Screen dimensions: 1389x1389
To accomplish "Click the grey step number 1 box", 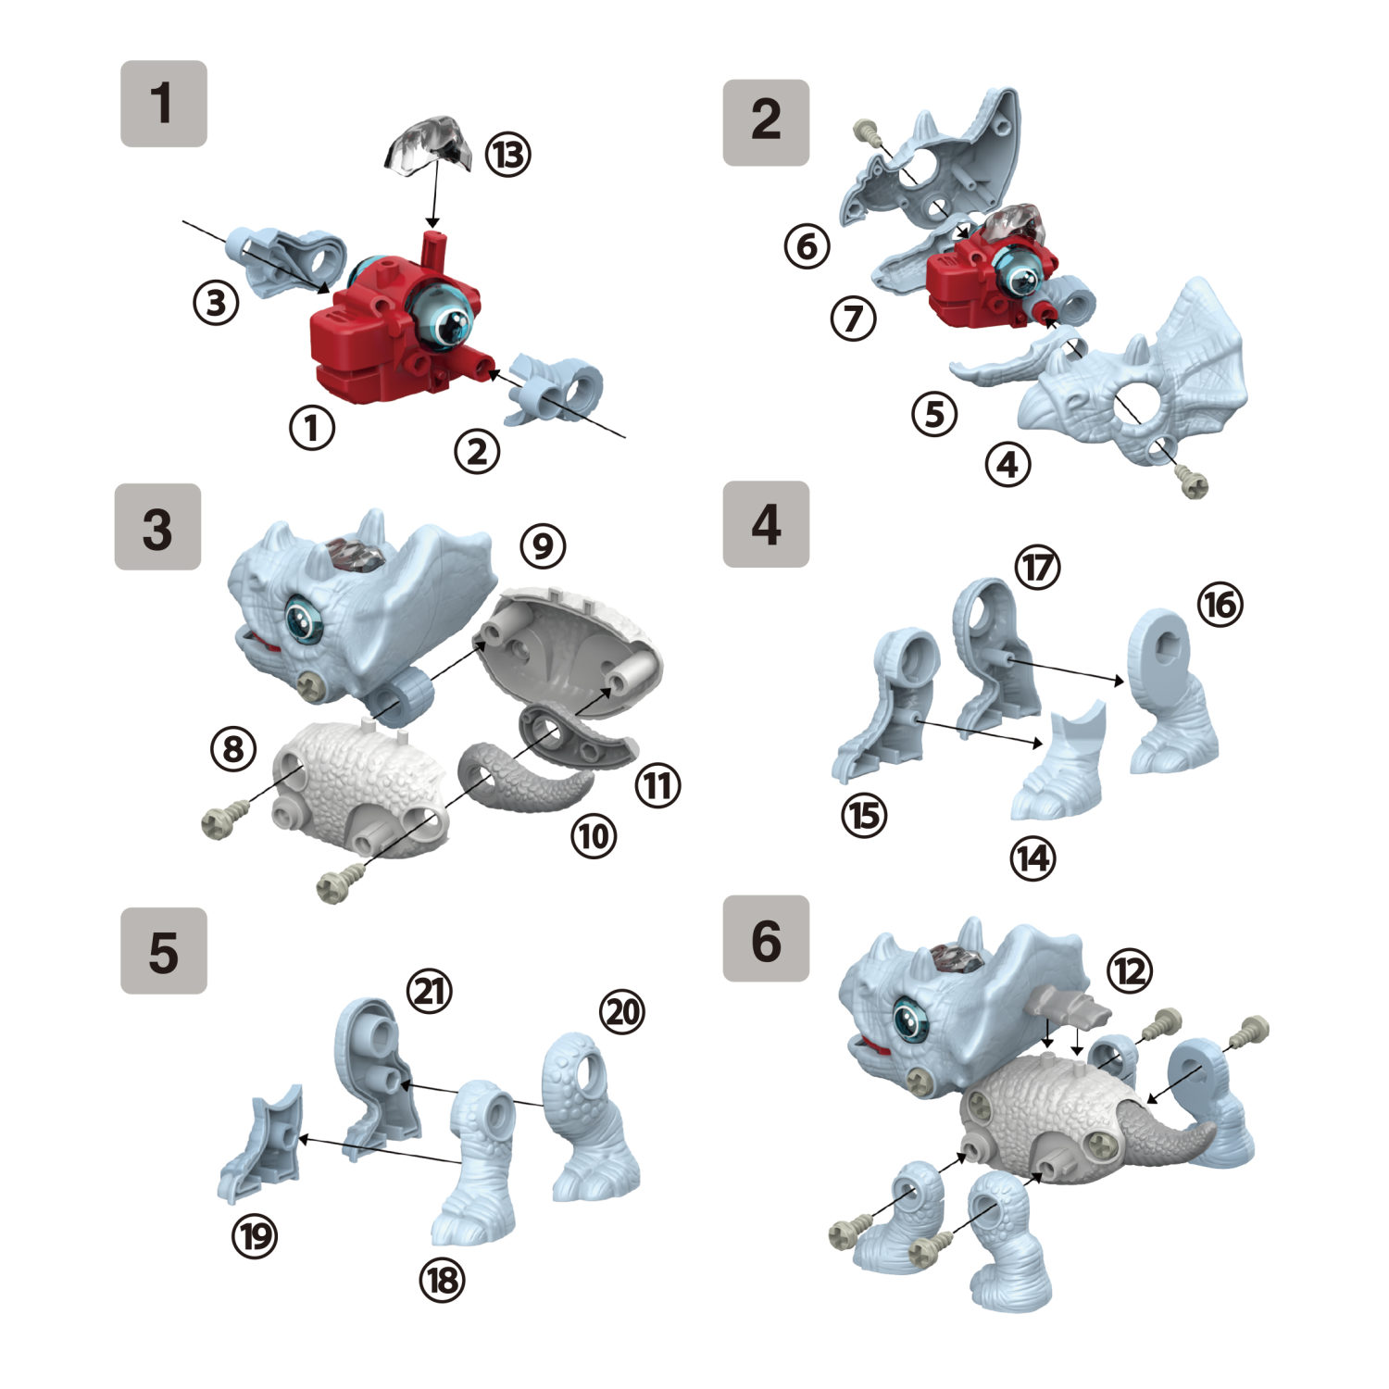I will click(163, 104).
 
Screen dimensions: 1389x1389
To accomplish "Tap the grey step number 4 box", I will click(766, 524).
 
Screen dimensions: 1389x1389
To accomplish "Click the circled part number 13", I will click(507, 155).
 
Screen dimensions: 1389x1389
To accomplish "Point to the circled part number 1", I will click(312, 428).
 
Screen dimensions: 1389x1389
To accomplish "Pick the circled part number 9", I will click(543, 546).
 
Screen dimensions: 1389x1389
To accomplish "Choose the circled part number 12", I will click(1129, 971).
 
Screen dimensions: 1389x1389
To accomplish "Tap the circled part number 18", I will click(442, 1280).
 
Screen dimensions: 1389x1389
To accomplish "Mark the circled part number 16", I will click(1220, 605).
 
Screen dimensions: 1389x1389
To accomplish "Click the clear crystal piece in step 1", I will click(429, 145).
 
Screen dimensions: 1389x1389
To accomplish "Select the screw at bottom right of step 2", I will click(1192, 482).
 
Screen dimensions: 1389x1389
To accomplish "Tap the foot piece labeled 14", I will click(1060, 769).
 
